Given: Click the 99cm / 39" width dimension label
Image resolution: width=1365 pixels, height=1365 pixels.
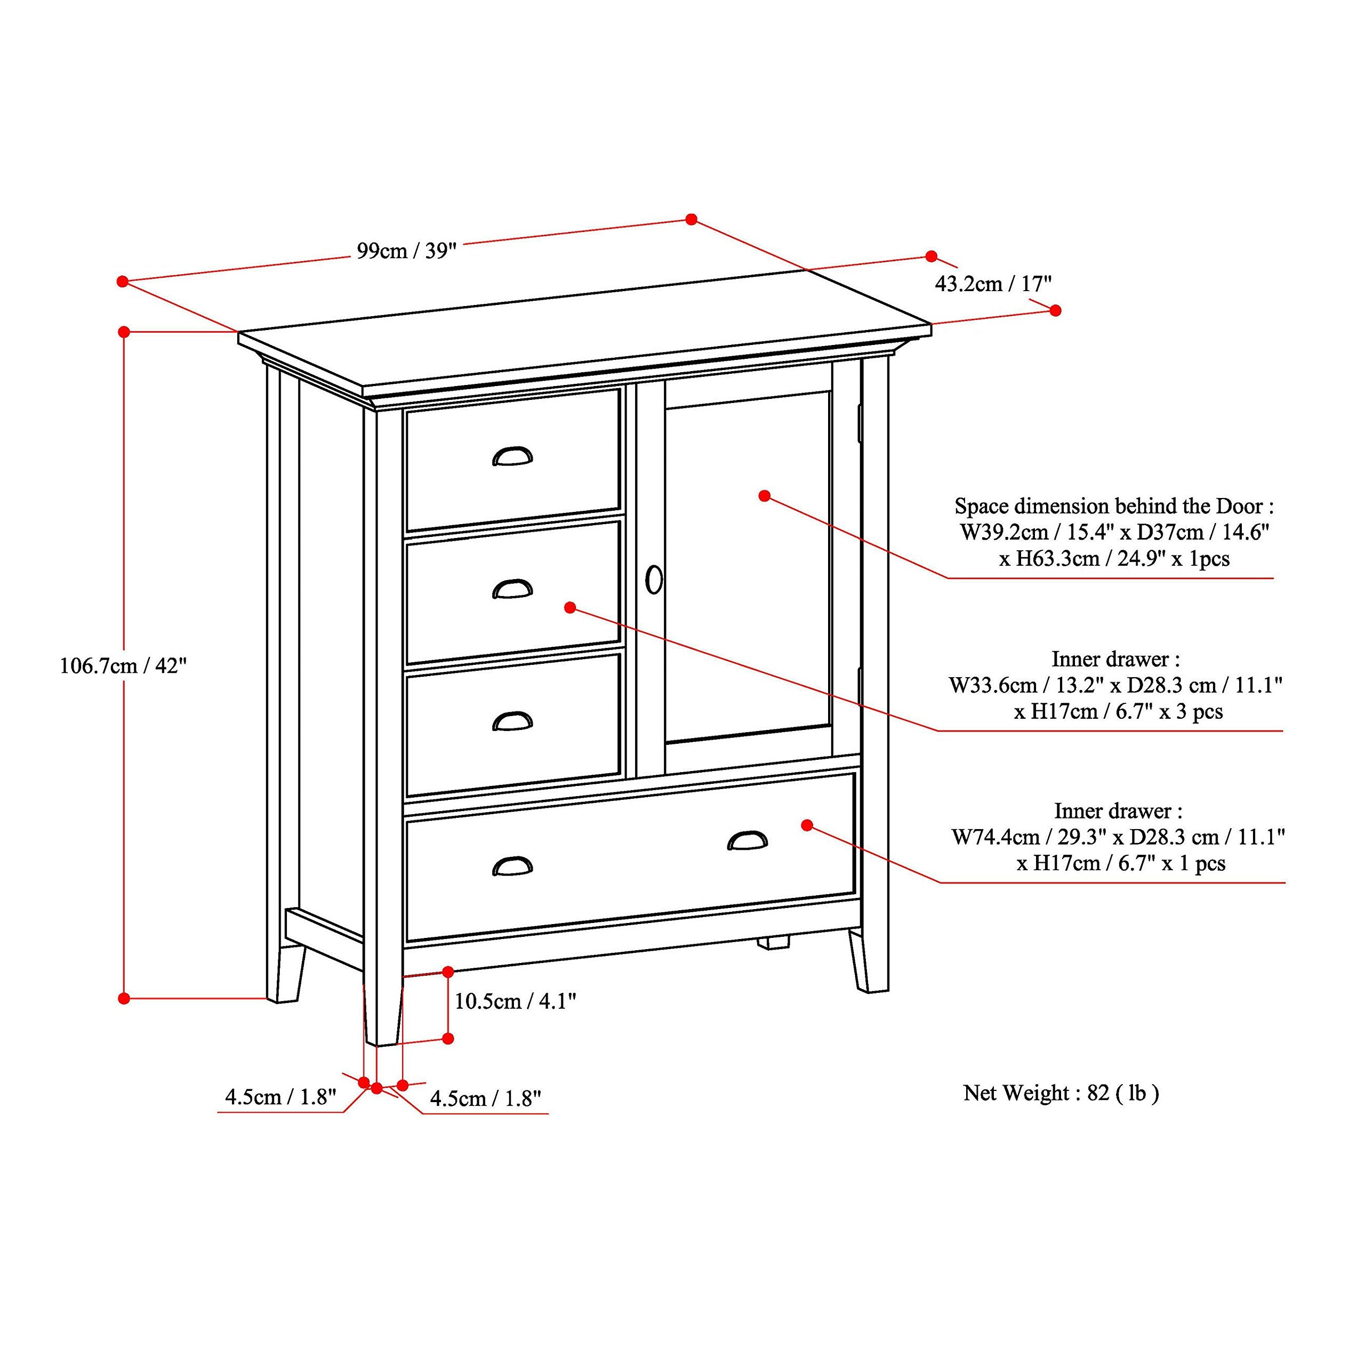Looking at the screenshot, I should tap(406, 251).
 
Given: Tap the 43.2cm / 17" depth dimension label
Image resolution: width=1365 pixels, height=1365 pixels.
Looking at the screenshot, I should tap(993, 284).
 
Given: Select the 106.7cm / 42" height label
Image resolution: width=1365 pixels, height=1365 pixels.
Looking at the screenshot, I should tap(123, 665).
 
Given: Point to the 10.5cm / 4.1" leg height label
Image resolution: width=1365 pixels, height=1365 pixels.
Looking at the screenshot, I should tap(515, 1001).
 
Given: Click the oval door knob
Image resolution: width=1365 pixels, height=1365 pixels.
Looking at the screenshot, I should tap(654, 580).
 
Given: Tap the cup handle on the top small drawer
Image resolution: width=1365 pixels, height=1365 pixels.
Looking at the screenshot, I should tap(512, 457).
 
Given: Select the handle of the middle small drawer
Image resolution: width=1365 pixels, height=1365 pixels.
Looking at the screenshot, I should tap(512, 589).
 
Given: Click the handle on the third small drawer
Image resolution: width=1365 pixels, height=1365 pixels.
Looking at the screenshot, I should tap(512, 721).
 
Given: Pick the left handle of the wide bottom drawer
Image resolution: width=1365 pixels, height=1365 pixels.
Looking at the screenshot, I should tap(512, 866).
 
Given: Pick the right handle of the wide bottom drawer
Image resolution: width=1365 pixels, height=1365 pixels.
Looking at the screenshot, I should tap(748, 840).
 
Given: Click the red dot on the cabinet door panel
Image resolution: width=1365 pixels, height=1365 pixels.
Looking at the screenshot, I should tap(764, 496).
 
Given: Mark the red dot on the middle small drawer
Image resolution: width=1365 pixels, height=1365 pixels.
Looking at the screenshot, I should tap(570, 607).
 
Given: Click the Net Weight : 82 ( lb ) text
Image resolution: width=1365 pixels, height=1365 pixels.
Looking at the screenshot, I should tap(1061, 1094).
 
